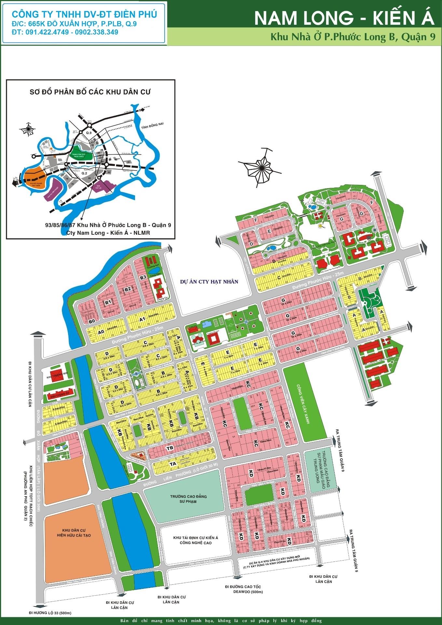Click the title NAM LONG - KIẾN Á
[x=344, y=18]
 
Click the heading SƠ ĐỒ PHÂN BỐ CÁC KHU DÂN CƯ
[x=90, y=92]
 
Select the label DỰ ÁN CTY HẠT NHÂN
[x=209, y=282]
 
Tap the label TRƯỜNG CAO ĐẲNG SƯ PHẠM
[x=188, y=499]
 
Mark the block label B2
[x=128, y=289]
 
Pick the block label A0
[x=101, y=332]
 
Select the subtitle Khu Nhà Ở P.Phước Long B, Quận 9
[x=353, y=37]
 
